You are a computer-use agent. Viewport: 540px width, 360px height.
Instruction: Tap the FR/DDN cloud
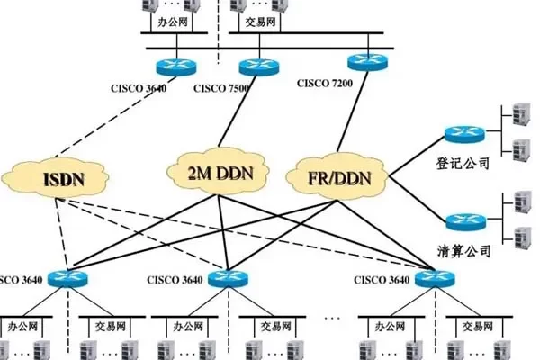click(x=337, y=176)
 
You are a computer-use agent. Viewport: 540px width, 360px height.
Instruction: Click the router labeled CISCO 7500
click(x=255, y=65)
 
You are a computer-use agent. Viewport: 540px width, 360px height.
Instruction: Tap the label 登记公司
click(x=464, y=165)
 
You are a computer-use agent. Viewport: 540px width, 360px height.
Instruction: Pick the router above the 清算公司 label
click(x=464, y=221)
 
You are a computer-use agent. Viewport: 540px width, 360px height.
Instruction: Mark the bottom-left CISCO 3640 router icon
click(x=66, y=278)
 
